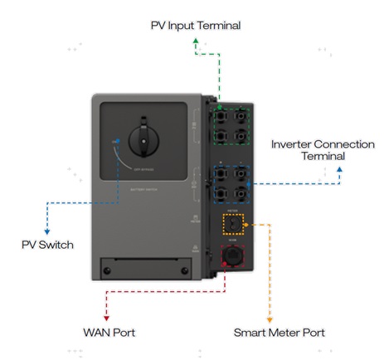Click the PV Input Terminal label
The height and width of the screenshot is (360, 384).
(195, 25)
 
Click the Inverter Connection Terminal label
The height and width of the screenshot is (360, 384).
(323, 149)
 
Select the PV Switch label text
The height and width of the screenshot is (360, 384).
(48, 245)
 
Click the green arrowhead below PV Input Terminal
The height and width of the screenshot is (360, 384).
(195, 40)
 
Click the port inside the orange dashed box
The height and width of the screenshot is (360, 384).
(235, 224)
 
